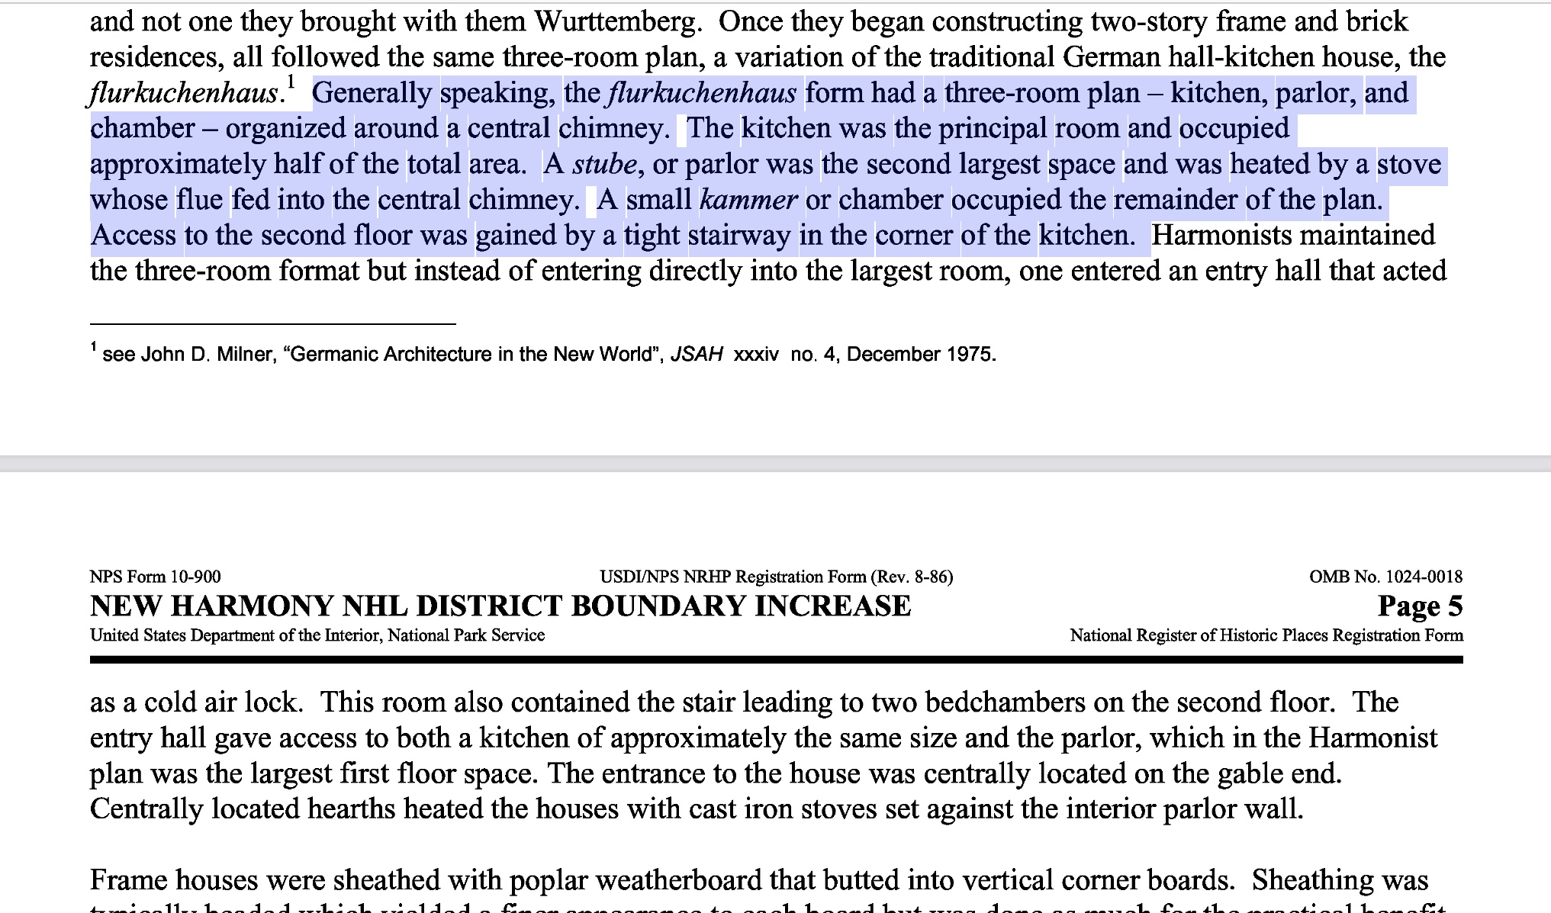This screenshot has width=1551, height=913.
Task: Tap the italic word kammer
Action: [748, 200]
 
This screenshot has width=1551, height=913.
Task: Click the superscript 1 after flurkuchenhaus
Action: [290, 82]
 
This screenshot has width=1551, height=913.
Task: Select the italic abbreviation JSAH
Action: [697, 355]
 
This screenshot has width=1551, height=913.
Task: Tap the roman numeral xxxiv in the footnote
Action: [755, 355]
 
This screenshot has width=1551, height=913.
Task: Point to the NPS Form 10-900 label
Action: [156, 577]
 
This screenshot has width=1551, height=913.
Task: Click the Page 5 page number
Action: [1420, 606]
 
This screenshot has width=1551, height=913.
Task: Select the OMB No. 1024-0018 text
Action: [1385, 577]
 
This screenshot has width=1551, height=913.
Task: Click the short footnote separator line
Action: [272, 324]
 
